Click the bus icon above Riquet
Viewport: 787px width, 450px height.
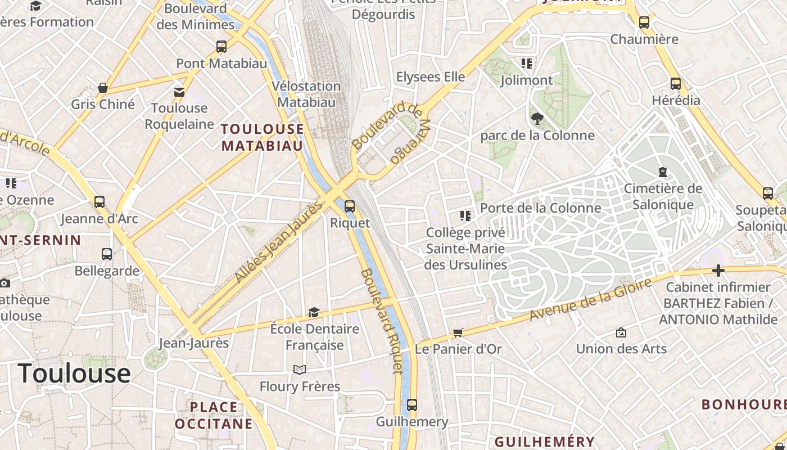[x=350, y=206]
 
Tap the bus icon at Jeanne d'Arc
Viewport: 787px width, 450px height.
[x=99, y=201]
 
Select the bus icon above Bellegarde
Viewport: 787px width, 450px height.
[x=107, y=254]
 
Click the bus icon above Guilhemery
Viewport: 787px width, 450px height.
[x=412, y=405]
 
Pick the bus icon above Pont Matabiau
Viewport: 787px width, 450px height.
[x=221, y=47]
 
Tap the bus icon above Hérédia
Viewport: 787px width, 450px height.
[x=676, y=84]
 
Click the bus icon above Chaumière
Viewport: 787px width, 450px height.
[x=644, y=22]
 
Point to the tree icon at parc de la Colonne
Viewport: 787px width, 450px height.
[x=537, y=119]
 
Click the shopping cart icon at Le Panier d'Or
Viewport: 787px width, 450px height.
[x=458, y=332]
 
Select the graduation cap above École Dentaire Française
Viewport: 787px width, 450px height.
[x=314, y=312]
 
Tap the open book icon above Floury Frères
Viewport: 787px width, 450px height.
[x=300, y=370]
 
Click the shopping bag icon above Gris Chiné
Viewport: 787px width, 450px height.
[x=103, y=88]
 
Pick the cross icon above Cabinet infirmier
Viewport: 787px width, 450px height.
[x=718, y=271]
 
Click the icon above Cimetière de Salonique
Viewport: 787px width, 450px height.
[x=663, y=172]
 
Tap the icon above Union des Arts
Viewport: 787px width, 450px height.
[x=621, y=332]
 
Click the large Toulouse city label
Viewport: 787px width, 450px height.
[x=74, y=373]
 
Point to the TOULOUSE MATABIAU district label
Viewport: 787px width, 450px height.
[x=263, y=137]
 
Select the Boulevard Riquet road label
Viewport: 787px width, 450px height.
[x=382, y=321]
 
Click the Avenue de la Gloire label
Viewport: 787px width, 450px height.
[x=591, y=300]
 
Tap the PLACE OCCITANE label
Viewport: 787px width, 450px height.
[x=214, y=415]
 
